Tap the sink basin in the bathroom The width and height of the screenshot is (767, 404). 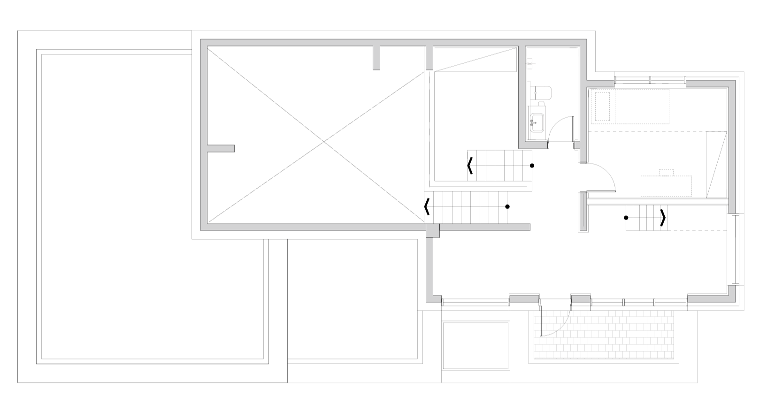[537, 122]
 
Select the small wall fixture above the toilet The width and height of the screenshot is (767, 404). [529, 63]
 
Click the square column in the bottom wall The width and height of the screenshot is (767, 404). [433, 230]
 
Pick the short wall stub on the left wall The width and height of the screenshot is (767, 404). [221, 149]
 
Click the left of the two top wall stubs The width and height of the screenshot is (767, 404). [376, 58]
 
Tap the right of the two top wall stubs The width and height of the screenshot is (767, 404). [430, 58]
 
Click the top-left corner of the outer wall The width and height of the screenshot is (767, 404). [204, 43]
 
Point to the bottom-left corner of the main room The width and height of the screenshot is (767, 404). [204, 227]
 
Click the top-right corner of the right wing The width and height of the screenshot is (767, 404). [732, 84]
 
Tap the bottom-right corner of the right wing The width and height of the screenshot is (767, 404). [732, 298]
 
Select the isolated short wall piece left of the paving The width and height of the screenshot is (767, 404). [524, 299]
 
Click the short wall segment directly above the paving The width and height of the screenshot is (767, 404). [581, 299]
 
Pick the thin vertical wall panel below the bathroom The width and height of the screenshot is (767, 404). [583, 212]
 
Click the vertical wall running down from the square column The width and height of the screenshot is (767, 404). [430, 267]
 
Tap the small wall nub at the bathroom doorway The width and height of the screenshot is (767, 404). [578, 145]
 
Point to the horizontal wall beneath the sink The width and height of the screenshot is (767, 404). [533, 145]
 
